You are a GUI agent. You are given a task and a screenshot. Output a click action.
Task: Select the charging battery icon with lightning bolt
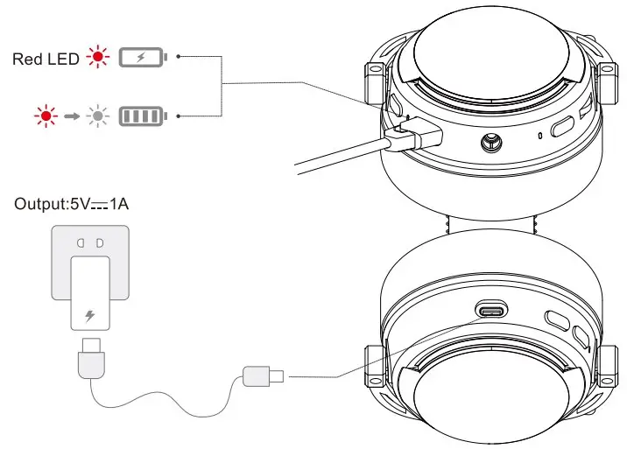pos(140,59)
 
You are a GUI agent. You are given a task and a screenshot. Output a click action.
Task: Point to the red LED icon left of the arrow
pos(42,115)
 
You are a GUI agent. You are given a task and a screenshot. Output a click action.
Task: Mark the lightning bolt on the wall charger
pos(89,315)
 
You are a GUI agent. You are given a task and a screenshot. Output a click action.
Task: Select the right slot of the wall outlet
pos(99,242)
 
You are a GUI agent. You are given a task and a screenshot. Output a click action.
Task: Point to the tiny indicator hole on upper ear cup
pos(540,135)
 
